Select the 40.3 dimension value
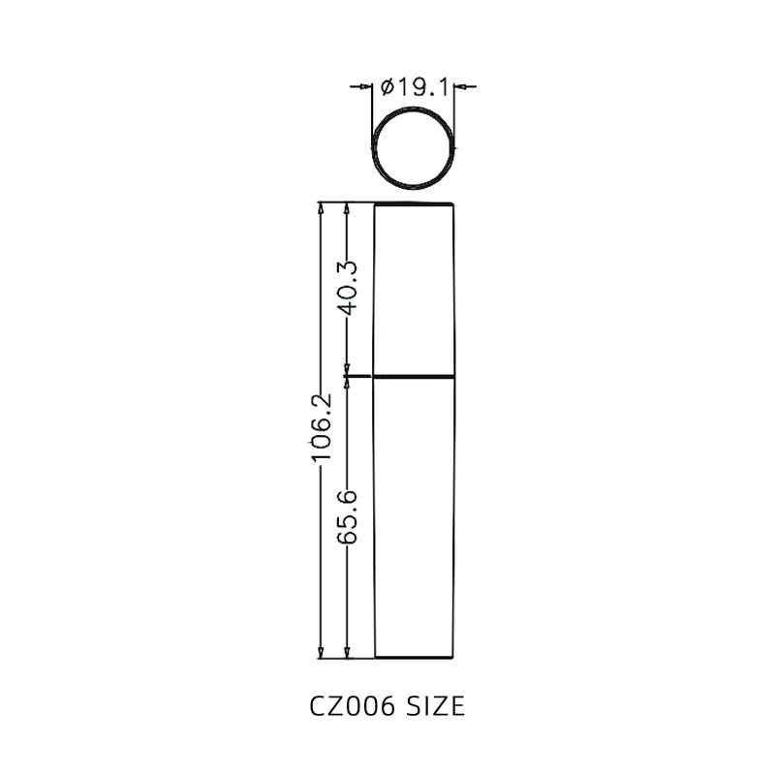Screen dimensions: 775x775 [348, 288]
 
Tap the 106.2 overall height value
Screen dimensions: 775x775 [321, 426]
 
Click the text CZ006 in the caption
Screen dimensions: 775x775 [352, 706]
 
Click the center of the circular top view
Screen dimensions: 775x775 [415, 148]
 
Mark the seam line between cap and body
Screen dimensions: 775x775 [415, 375]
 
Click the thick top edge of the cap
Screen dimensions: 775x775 [415, 204]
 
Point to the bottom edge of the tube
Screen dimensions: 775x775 [415, 658]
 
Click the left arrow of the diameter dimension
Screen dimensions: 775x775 [365, 87]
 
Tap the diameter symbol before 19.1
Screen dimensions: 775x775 [387, 87]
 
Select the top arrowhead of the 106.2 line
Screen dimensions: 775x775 [321, 209]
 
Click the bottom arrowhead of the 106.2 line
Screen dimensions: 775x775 [321, 652]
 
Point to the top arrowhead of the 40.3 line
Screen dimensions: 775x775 [348, 209]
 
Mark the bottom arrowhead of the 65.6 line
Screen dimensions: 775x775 [348, 652]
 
